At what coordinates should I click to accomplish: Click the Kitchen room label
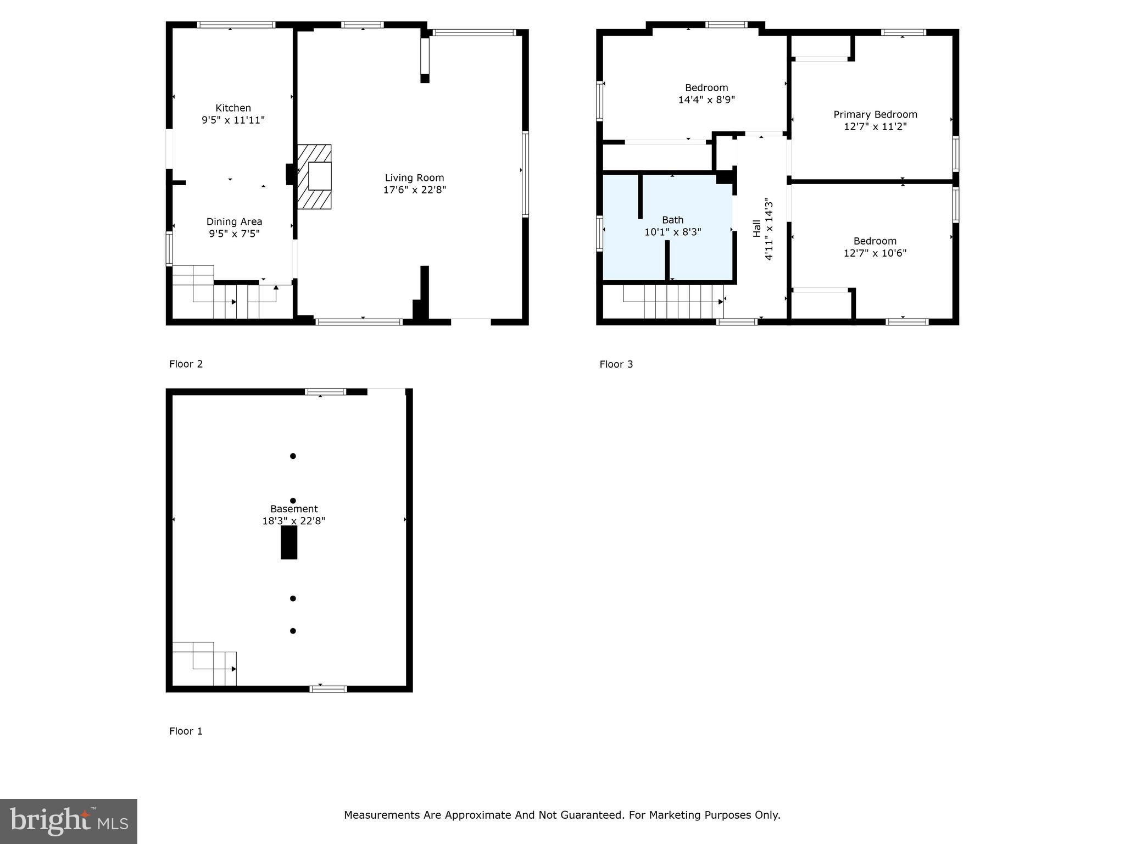pyautogui.click(x=233, y=108)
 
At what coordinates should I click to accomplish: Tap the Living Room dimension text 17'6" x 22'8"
pyautogui.click(x=414, y=190)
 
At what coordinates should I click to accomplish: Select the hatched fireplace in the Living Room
pyautogui.click(x=315, y=177)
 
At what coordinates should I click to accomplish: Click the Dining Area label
pyautogui.click(x=234, y=221)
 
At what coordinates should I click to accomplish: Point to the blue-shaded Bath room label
pyautogui.click(x=672, y=220)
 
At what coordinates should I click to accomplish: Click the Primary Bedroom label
pyautogui.click(x=875, y=114)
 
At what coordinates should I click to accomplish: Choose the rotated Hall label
pyautogui.click(x=757, y=229)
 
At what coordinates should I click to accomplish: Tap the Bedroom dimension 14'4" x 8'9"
pyautogui.click(x=706, y=100)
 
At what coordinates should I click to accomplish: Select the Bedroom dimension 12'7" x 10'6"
pyautogui.click(x=875, y=253)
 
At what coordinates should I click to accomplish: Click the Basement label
pyautogui.click(x=294, y=509)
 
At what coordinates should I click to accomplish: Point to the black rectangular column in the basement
pyautogui.click(x=289, y=542)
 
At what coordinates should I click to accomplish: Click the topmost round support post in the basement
pyautogui.click(x=293, y=456)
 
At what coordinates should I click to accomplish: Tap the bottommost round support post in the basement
pyautogui.click(x=293, y=631)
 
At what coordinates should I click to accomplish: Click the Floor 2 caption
pyautogui.click(x=186, y=364)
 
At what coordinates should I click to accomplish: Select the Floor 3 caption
pyautogui.click(x=616, y=364)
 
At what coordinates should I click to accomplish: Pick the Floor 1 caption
pyautogui.click(x=186, y=731)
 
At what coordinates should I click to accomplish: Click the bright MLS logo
pyautogui.click(x=69, y=821)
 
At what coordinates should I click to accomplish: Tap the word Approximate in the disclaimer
pyautogui.click(x=477, y=815)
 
